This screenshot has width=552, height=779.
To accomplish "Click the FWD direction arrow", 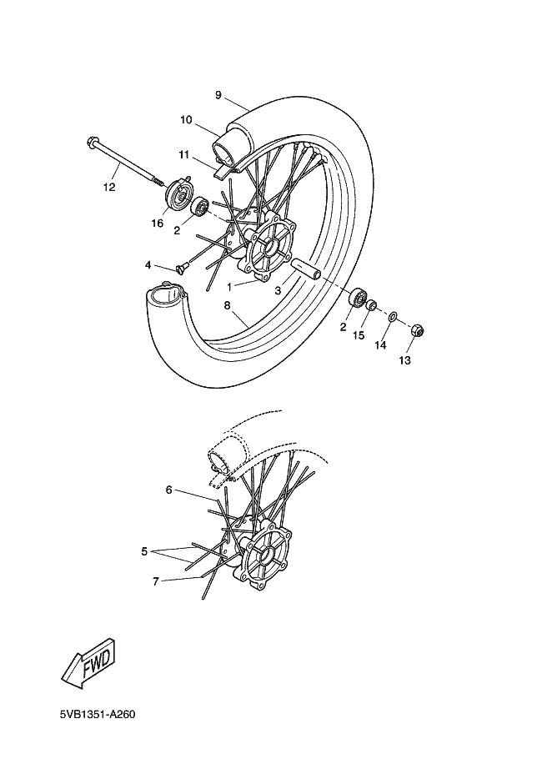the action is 91,663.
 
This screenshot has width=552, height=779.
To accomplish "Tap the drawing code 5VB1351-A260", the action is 97,715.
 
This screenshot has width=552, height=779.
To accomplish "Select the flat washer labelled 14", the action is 393,316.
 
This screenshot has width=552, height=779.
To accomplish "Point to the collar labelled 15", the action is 372,305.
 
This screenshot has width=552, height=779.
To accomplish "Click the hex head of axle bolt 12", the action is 92,143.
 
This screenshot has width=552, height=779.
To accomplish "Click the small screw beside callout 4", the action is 181,269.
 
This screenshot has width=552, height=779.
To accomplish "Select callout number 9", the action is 218,94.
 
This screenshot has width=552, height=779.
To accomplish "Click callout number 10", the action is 186,120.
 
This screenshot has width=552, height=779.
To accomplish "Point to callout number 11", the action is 183,155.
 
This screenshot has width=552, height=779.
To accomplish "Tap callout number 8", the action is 228,305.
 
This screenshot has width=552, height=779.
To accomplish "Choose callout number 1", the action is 229,287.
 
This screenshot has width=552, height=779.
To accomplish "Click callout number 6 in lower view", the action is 169,490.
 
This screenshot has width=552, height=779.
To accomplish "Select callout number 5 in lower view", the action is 144,551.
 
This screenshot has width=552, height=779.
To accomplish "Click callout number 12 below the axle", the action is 108,187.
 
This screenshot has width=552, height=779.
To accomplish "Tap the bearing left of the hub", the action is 200,207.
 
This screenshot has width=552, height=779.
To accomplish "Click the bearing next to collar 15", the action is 357,297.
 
